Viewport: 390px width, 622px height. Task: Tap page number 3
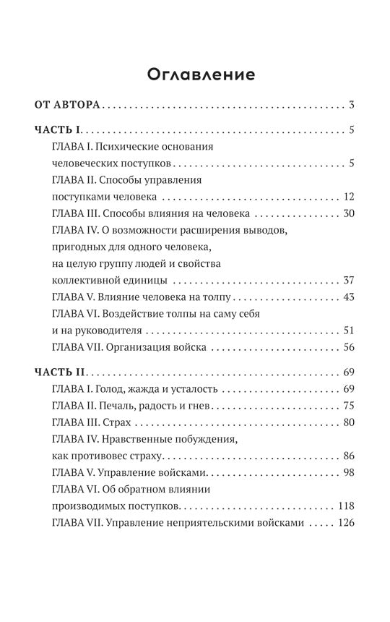click(x=351, y=106)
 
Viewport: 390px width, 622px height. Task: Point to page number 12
click(x=347, y=197)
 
